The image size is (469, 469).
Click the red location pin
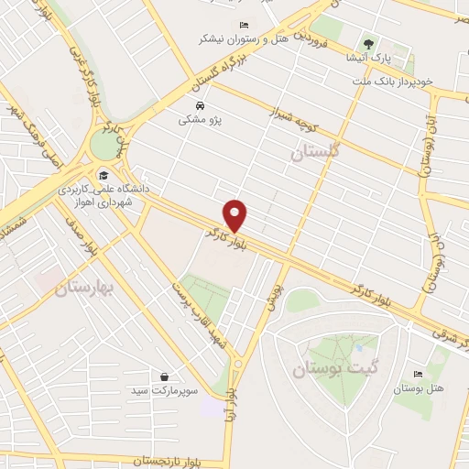coord(236,214)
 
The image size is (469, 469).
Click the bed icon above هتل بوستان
coord(419,374)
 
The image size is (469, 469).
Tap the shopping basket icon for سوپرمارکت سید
coord(164,376)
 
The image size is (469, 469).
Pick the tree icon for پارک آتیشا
coord(369,42)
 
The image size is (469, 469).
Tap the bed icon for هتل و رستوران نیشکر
coord(243,25)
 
